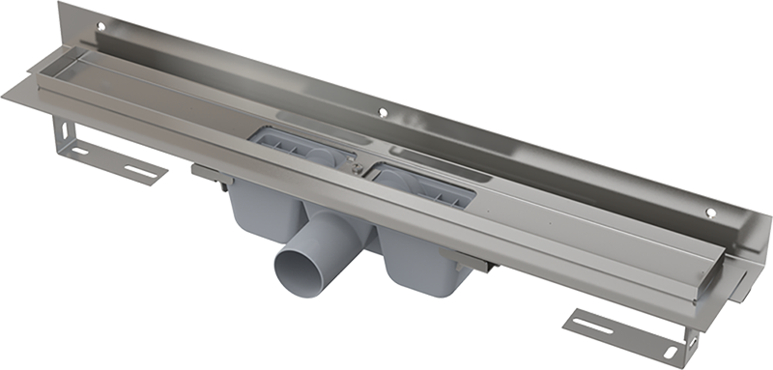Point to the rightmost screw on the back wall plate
coord(711,213)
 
